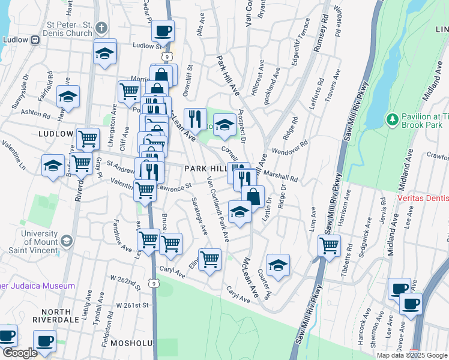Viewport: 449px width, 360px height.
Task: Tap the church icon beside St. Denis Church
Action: point(101,28)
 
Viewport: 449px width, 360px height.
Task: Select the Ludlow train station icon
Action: point(35,40)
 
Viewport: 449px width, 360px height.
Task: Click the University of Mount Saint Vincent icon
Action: point(67,241)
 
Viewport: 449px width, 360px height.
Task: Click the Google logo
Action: point(19,353)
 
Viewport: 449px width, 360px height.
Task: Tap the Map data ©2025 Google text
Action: point(411,355)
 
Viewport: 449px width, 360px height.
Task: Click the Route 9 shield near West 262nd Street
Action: point(154,283)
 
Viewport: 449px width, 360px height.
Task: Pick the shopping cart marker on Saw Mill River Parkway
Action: point(329,245)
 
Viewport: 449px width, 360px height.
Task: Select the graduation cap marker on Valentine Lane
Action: point(53,164)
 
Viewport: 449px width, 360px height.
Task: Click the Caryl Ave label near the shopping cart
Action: point(172,272)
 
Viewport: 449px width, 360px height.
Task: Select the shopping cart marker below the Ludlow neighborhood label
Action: point(88,139)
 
